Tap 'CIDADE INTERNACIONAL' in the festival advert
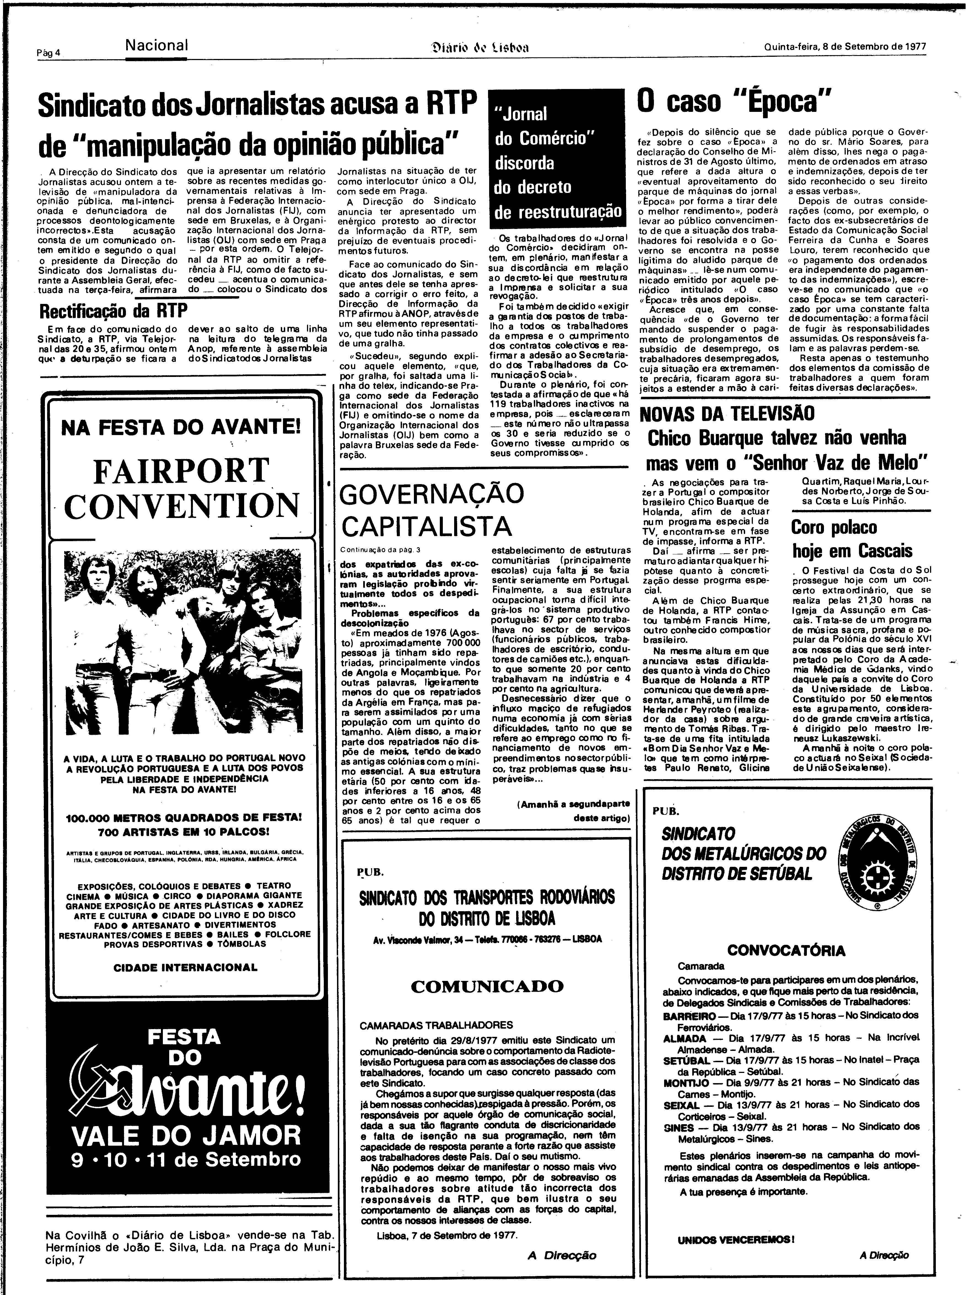coord(185,967)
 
